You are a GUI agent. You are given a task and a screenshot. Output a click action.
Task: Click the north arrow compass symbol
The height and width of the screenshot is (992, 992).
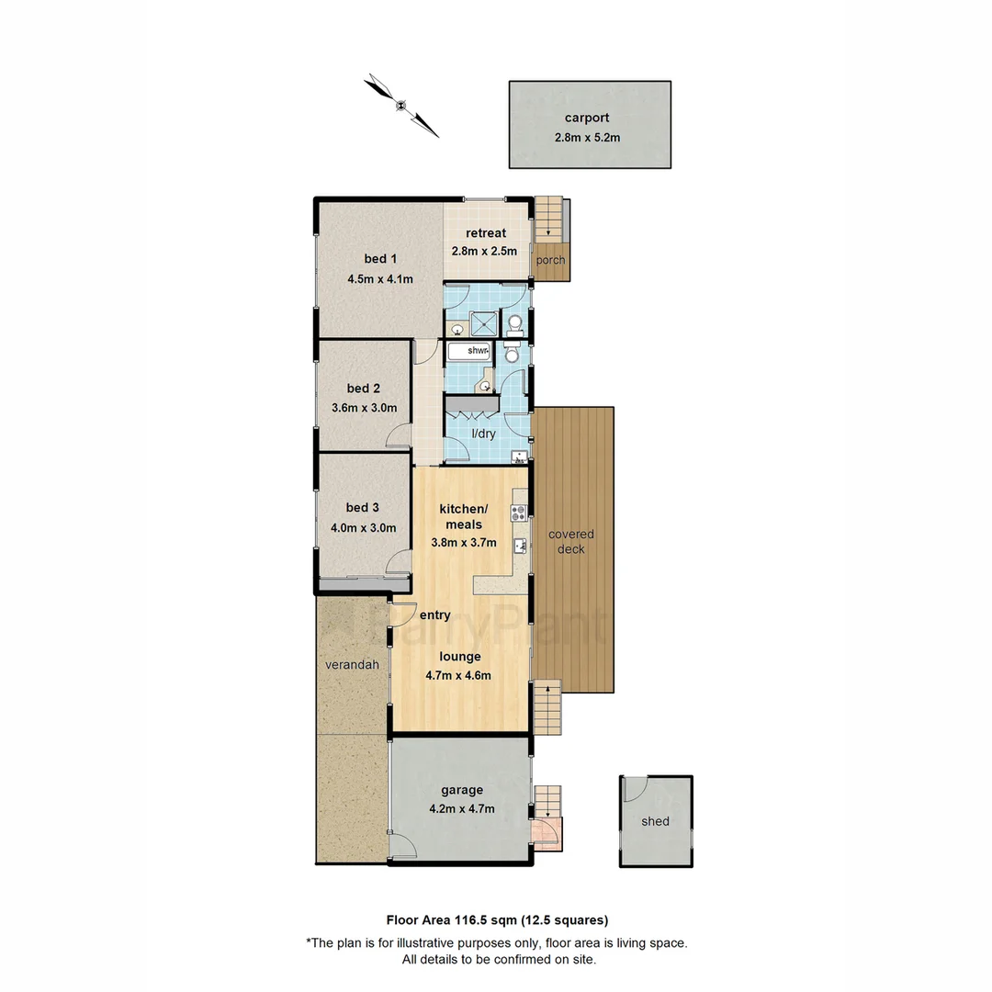tap(401, 106)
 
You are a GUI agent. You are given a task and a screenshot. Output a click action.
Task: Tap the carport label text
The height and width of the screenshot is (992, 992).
tap(587, 118)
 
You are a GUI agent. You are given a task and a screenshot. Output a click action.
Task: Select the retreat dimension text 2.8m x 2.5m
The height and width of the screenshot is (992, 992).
tap(484, 251)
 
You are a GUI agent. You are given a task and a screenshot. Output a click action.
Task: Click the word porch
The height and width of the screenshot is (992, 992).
tap(551, 260)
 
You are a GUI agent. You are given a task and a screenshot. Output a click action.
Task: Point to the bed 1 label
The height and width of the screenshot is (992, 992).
tap(366, 259)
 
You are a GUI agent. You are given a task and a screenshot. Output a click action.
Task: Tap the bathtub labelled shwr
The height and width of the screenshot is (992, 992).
tap(469, 351)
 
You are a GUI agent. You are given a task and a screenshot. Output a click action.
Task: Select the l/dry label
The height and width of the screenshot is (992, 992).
tap(483, 434)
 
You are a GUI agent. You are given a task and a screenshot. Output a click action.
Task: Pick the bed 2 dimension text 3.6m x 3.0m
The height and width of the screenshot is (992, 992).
tap(364, 408)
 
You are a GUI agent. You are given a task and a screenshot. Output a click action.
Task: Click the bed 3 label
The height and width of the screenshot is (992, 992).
tap(363, 507)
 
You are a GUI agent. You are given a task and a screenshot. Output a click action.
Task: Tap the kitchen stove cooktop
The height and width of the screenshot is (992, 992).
tap(519, 512)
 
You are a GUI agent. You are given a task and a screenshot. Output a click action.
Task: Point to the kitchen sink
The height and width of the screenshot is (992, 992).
tap(520, 547)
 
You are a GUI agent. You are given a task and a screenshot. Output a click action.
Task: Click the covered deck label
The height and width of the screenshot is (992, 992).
tap(571, 542)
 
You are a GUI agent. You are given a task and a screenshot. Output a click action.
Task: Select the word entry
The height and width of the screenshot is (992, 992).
tap(434, 615)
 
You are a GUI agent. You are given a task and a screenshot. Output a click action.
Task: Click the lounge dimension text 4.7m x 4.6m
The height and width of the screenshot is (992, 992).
tap(458, 676)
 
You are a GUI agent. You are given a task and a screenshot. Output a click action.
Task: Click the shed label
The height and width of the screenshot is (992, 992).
tap(655, 821)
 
